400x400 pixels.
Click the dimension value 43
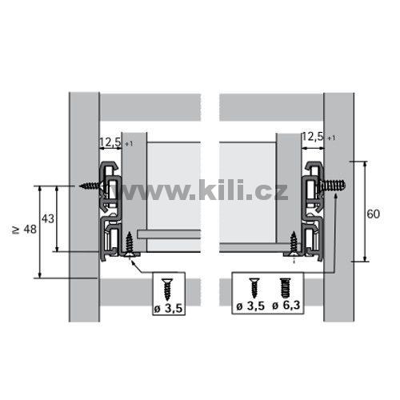48,218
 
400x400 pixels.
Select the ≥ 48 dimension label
25,229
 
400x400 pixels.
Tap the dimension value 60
373,214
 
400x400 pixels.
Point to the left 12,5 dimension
110,142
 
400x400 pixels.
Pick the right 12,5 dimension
313,137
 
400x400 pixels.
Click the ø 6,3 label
286,305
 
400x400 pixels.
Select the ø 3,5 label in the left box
168,309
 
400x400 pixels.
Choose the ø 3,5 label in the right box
250,306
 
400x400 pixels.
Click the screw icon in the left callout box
168,289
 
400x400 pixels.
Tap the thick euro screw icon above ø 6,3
286,288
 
